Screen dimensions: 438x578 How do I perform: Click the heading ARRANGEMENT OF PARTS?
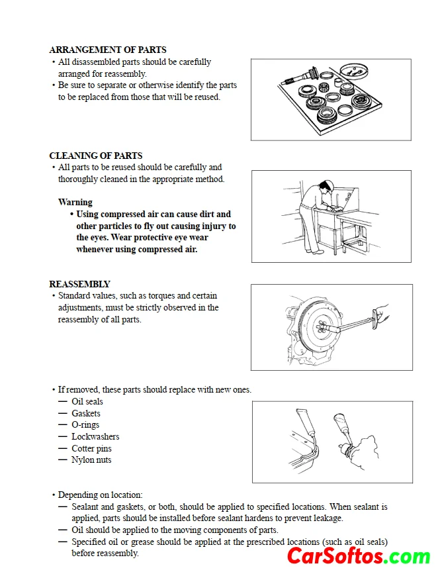(108, 50)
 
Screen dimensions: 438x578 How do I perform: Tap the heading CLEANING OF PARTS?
(96, 156)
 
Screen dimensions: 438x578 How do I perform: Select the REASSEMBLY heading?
(79, 284)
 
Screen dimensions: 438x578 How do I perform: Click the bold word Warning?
(75, 203)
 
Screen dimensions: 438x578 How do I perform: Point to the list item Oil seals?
(87, 401)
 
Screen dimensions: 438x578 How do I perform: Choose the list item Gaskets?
(86, 413)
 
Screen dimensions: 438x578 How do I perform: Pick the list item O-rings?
(85, 425)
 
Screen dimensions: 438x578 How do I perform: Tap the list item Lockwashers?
(95, 436)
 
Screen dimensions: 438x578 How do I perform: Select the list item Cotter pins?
(91, 448)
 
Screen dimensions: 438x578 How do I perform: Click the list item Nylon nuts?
(91, 460)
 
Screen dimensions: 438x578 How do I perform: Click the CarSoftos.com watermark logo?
(359, 556)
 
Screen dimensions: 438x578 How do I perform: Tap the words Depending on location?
(100, 495)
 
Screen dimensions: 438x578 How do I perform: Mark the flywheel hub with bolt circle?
(322, 326)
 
